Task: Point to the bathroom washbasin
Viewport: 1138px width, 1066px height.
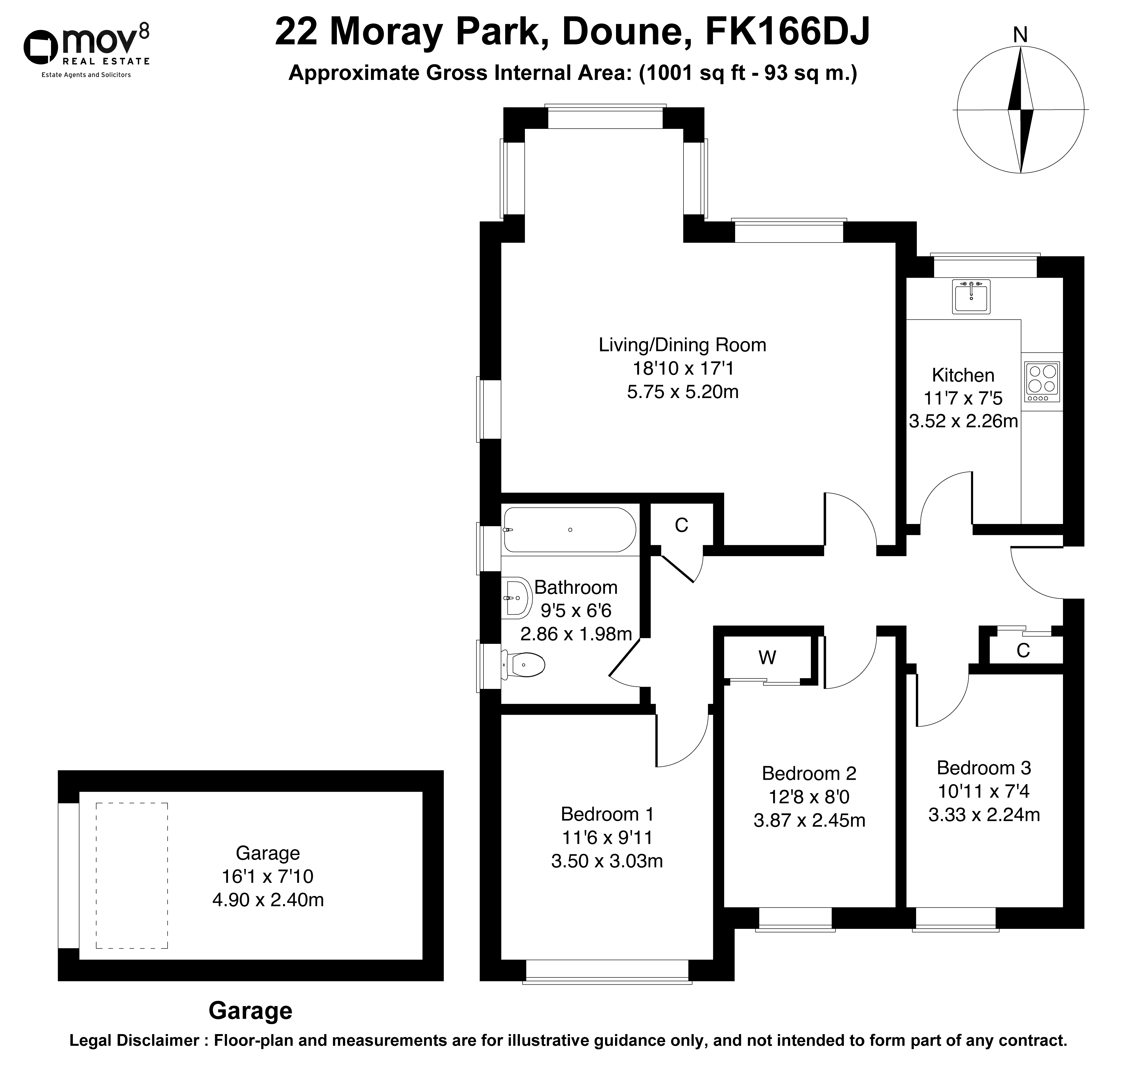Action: tap(517, 598)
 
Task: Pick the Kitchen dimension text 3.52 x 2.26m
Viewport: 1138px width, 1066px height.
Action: tap(963, 421)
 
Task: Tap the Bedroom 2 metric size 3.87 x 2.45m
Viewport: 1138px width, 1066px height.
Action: tap(809, 820)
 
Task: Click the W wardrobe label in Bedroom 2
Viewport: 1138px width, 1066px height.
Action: tap(767, 658)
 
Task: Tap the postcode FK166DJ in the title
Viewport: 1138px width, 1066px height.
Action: tap(787, 32)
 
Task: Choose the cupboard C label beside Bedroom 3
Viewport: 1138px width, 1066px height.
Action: tap(1023, 650)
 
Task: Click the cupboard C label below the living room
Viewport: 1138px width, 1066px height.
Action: tap(681, 525)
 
